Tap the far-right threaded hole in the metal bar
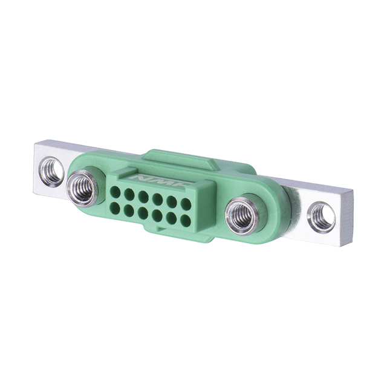321,217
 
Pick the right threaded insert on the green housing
242,215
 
